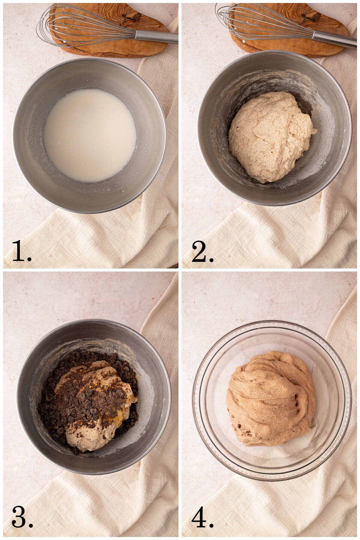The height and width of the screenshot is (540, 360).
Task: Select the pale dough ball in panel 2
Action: [x=270, y=135]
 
